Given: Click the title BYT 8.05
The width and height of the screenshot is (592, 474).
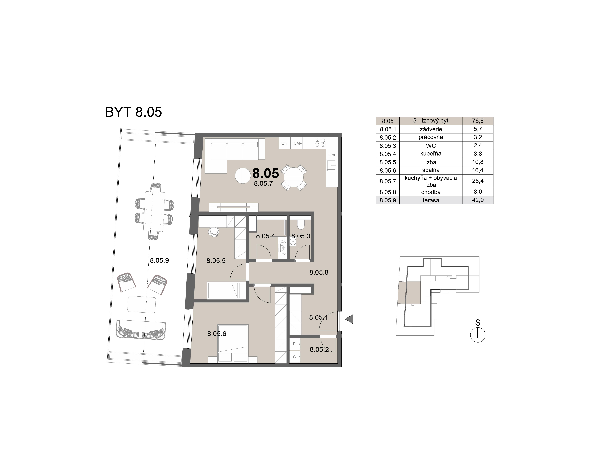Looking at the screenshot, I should click(133, 112).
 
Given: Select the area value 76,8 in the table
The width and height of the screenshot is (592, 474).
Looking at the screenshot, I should click(478, 121).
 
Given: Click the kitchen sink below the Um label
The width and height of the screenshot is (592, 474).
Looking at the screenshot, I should click(332, 166).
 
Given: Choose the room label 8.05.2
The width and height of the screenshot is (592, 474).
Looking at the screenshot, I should click(319, 350).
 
